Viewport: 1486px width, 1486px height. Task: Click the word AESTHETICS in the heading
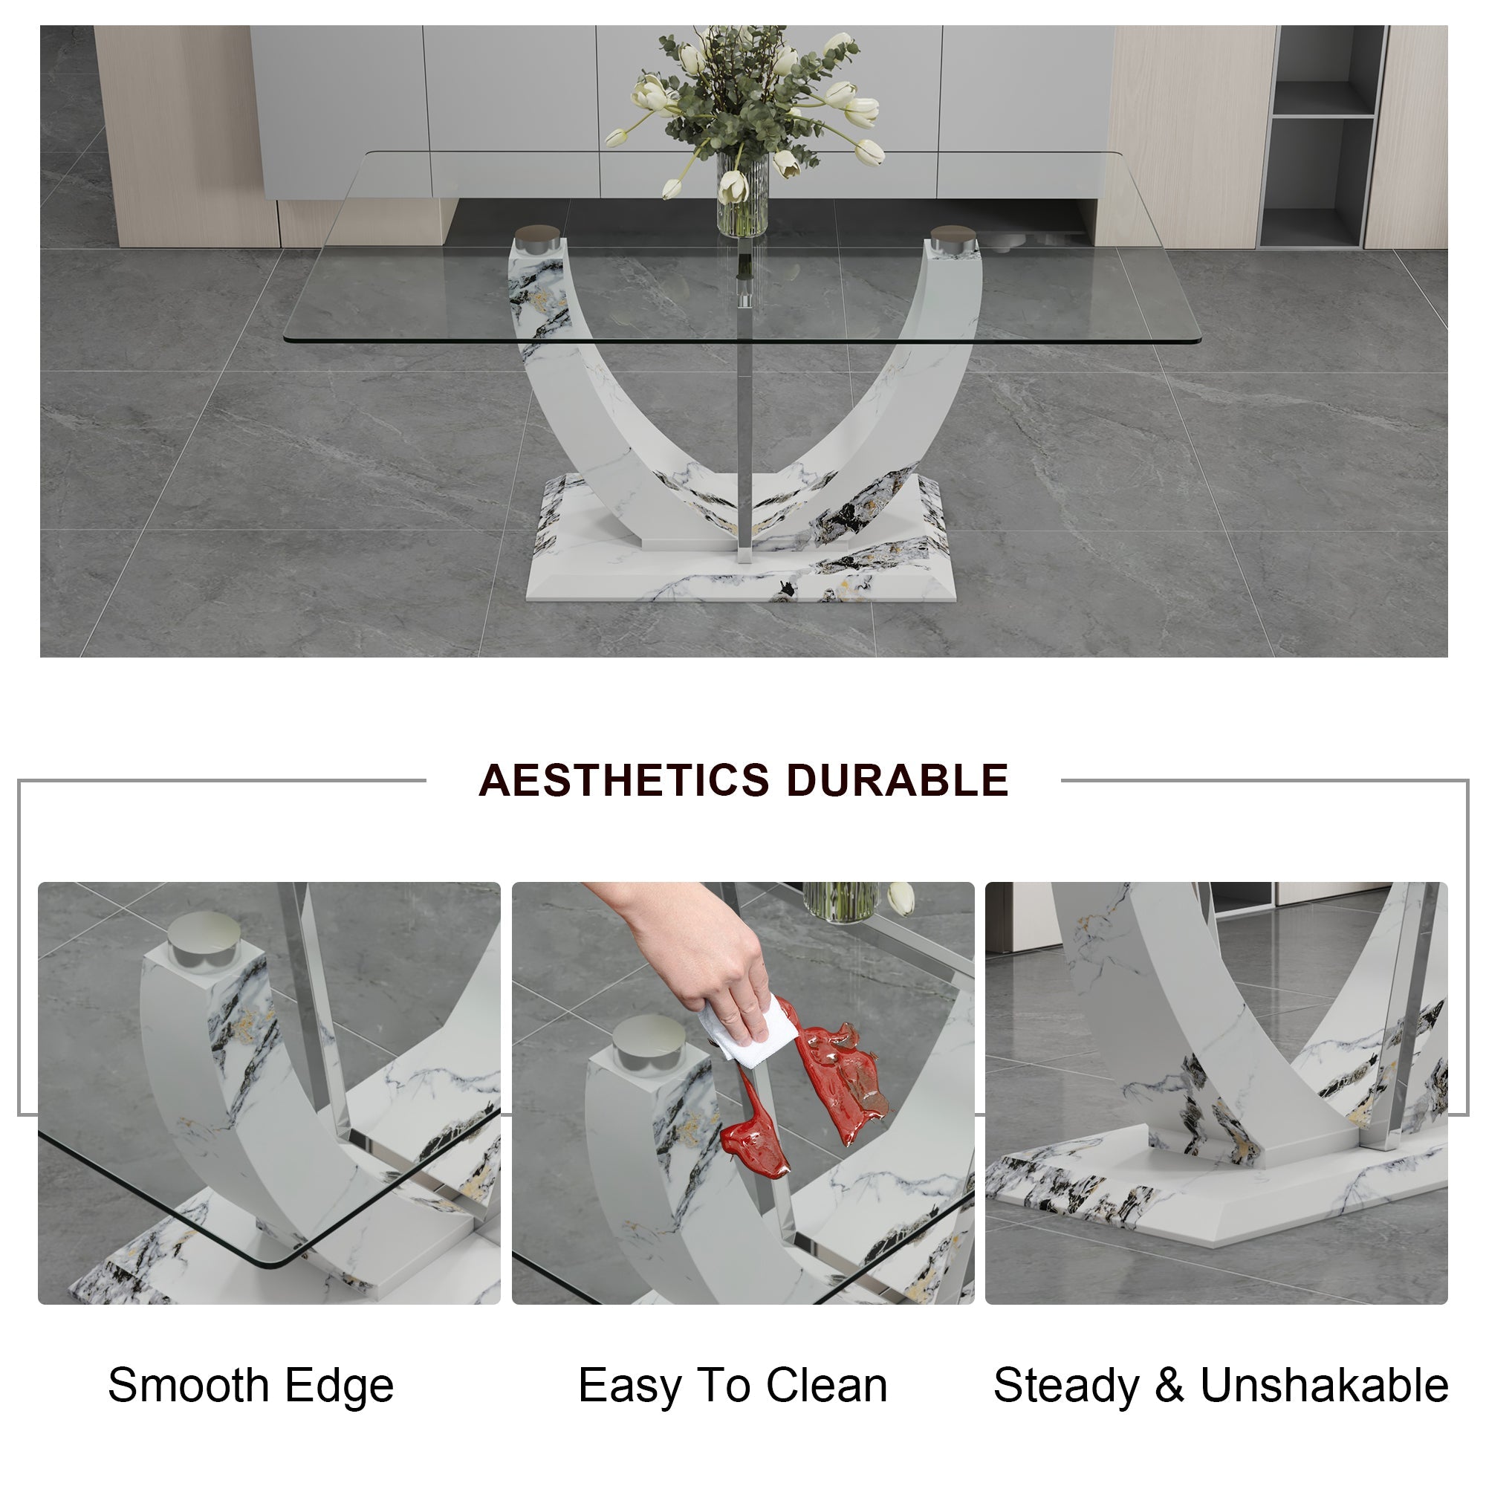pyautogui.click(x=624, y=780)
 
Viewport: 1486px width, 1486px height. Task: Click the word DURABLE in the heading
pyautogui.click(x=897, y=780)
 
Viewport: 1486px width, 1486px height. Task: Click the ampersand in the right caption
pyautogui.click(x=1169, y=1385)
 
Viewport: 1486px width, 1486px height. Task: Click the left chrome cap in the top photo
pyautogui.click(x=538, y=238)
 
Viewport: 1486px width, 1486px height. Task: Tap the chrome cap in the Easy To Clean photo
pyautogui.click(x=649, y=1043)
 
